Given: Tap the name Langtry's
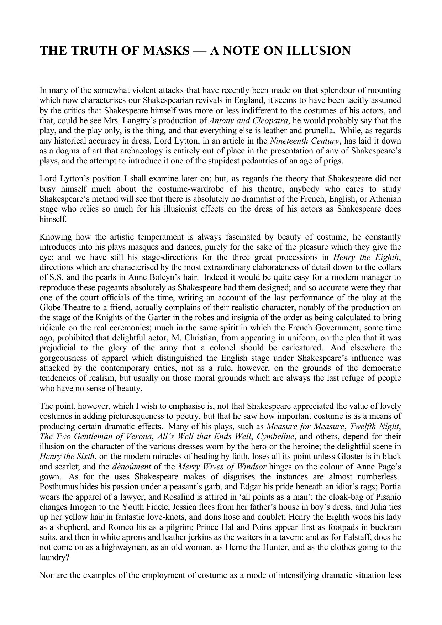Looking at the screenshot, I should point(164,120).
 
